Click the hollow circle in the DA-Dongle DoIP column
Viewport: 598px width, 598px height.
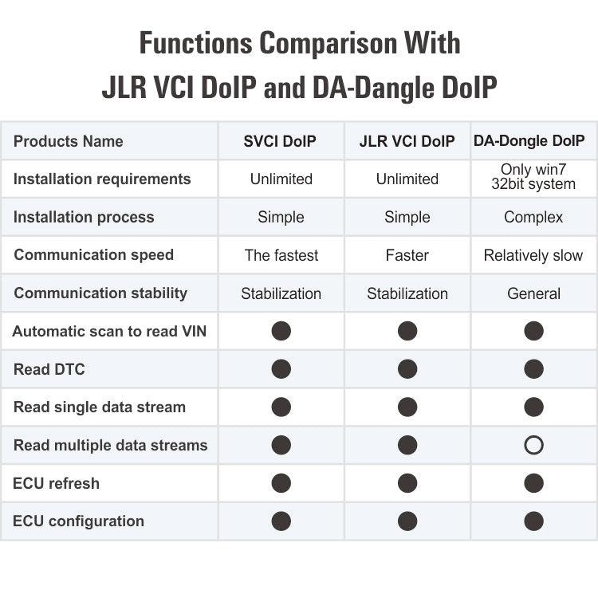[533, 445]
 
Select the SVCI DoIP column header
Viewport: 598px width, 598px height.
[280, 141]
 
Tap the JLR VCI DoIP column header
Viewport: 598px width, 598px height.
[407, 141]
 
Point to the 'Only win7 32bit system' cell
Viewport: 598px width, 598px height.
[533, 177]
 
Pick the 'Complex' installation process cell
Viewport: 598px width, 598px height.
[533, 217]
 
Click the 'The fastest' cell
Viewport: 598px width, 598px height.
[281, 255]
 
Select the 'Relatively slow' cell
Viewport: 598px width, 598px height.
[533, 255]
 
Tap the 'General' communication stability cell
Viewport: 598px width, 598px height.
[533, 293]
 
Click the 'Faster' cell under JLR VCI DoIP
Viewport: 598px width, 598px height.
[407, 255]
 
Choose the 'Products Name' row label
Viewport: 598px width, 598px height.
[69, 141]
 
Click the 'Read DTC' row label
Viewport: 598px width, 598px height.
[49, 369]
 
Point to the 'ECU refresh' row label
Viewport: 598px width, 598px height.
[56, 483]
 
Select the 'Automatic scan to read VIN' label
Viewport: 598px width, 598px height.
[109, 331]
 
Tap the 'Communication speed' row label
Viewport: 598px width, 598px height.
[93, 255]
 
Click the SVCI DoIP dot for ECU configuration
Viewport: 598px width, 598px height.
[281, 521]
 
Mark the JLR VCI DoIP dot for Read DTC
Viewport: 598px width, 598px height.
[407, 369]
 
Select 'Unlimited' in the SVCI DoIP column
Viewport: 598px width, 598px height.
[281, 179]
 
